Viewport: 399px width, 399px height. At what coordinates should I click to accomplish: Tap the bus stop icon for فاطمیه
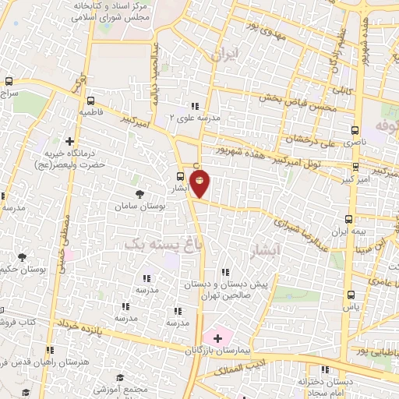point(91,100)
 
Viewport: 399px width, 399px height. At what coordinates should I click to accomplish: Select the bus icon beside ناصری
point(355,130)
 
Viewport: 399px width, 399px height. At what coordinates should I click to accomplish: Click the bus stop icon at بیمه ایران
point(348,219)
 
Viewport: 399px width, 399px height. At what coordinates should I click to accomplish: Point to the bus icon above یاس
point(351,295)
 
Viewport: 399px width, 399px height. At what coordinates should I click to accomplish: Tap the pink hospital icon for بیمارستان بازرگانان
point(217,338)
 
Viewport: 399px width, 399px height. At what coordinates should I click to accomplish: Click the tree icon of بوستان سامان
point(139,194)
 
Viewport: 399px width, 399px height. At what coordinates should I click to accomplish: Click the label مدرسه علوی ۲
point(195,117)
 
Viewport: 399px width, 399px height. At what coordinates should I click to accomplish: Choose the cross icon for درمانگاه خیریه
point(71,143)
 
